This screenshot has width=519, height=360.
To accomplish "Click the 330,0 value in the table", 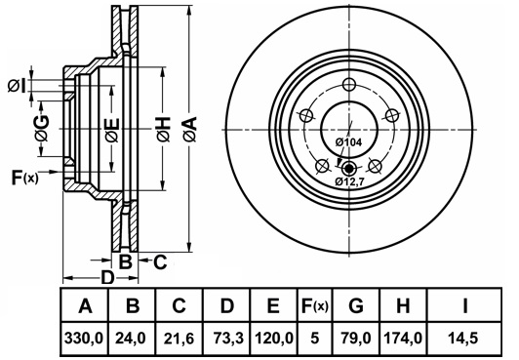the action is (85, 339).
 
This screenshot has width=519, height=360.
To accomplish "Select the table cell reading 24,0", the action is (131, 339).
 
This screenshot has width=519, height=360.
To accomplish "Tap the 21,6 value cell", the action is (180, 339).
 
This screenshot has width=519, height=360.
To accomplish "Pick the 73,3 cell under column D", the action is (228, 339).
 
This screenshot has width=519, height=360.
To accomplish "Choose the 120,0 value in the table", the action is (274, 339).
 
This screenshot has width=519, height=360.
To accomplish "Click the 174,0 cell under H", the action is (403, 339).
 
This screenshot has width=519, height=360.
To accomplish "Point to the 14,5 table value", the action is (463, 339).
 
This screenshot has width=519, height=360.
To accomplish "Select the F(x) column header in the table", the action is (315, 305).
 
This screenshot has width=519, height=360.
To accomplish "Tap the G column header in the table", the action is (356, 305).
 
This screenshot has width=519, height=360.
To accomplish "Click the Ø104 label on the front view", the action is (349, 142).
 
